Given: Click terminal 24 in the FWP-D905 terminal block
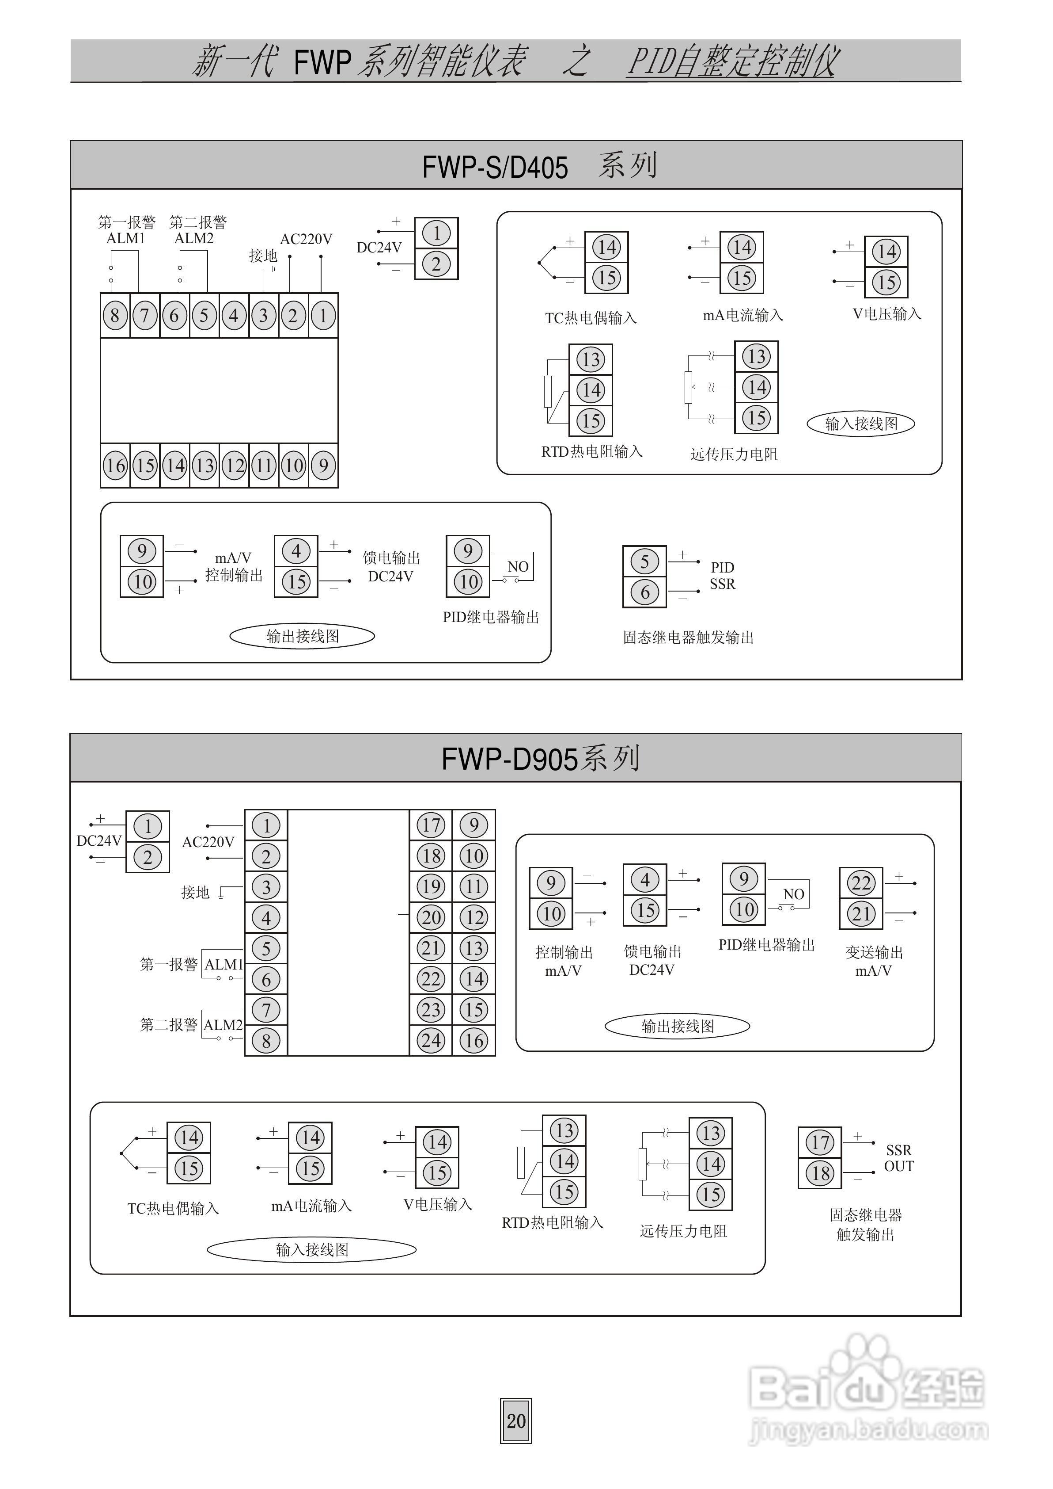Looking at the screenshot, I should pos(431,1041).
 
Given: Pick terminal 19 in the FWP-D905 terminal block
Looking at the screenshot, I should pos(431,887).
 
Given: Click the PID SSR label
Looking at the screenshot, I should pos(722,576).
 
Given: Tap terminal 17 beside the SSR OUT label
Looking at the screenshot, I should pos(820,1142).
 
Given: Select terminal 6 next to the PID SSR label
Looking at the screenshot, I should pos(644,592).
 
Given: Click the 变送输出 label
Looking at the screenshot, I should pos(874,952).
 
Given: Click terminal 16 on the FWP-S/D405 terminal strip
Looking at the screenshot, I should pos(115,465).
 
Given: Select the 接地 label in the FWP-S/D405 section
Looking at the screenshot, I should pos(263,256).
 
